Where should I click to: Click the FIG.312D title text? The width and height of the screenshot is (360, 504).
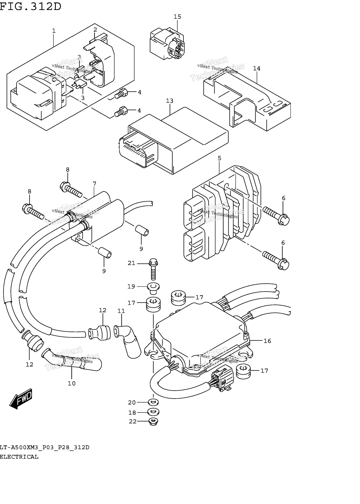[30, 6]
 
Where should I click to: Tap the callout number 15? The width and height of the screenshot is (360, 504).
[177, 17]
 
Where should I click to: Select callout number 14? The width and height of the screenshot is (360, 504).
[256, 68]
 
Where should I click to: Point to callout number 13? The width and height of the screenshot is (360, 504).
[170, 101]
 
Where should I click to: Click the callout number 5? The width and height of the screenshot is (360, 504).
[219, 158]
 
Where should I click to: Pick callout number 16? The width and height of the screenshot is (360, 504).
[267, 341]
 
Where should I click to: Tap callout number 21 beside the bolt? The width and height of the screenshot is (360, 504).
[132, 263]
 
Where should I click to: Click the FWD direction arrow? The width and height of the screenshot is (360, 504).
[21, 399]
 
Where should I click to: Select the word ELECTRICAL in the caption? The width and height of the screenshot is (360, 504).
[19, 457]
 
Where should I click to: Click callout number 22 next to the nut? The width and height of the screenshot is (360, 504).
[132, 421]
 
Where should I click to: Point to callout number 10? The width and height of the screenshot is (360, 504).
[72, 383]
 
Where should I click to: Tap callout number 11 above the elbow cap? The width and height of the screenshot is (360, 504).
[121, 311]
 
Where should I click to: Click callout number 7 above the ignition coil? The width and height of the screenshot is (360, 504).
[94, 184]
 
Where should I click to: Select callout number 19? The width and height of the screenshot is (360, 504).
[131, 287]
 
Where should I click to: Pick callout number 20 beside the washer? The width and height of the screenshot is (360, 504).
[132, 402]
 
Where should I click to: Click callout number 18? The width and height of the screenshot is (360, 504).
[132, 413]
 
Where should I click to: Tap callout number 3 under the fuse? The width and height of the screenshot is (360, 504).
[83, 98]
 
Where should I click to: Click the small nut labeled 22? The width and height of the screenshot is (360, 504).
[153, 422]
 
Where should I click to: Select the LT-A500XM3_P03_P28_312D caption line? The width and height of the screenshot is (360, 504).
[44, 447]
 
